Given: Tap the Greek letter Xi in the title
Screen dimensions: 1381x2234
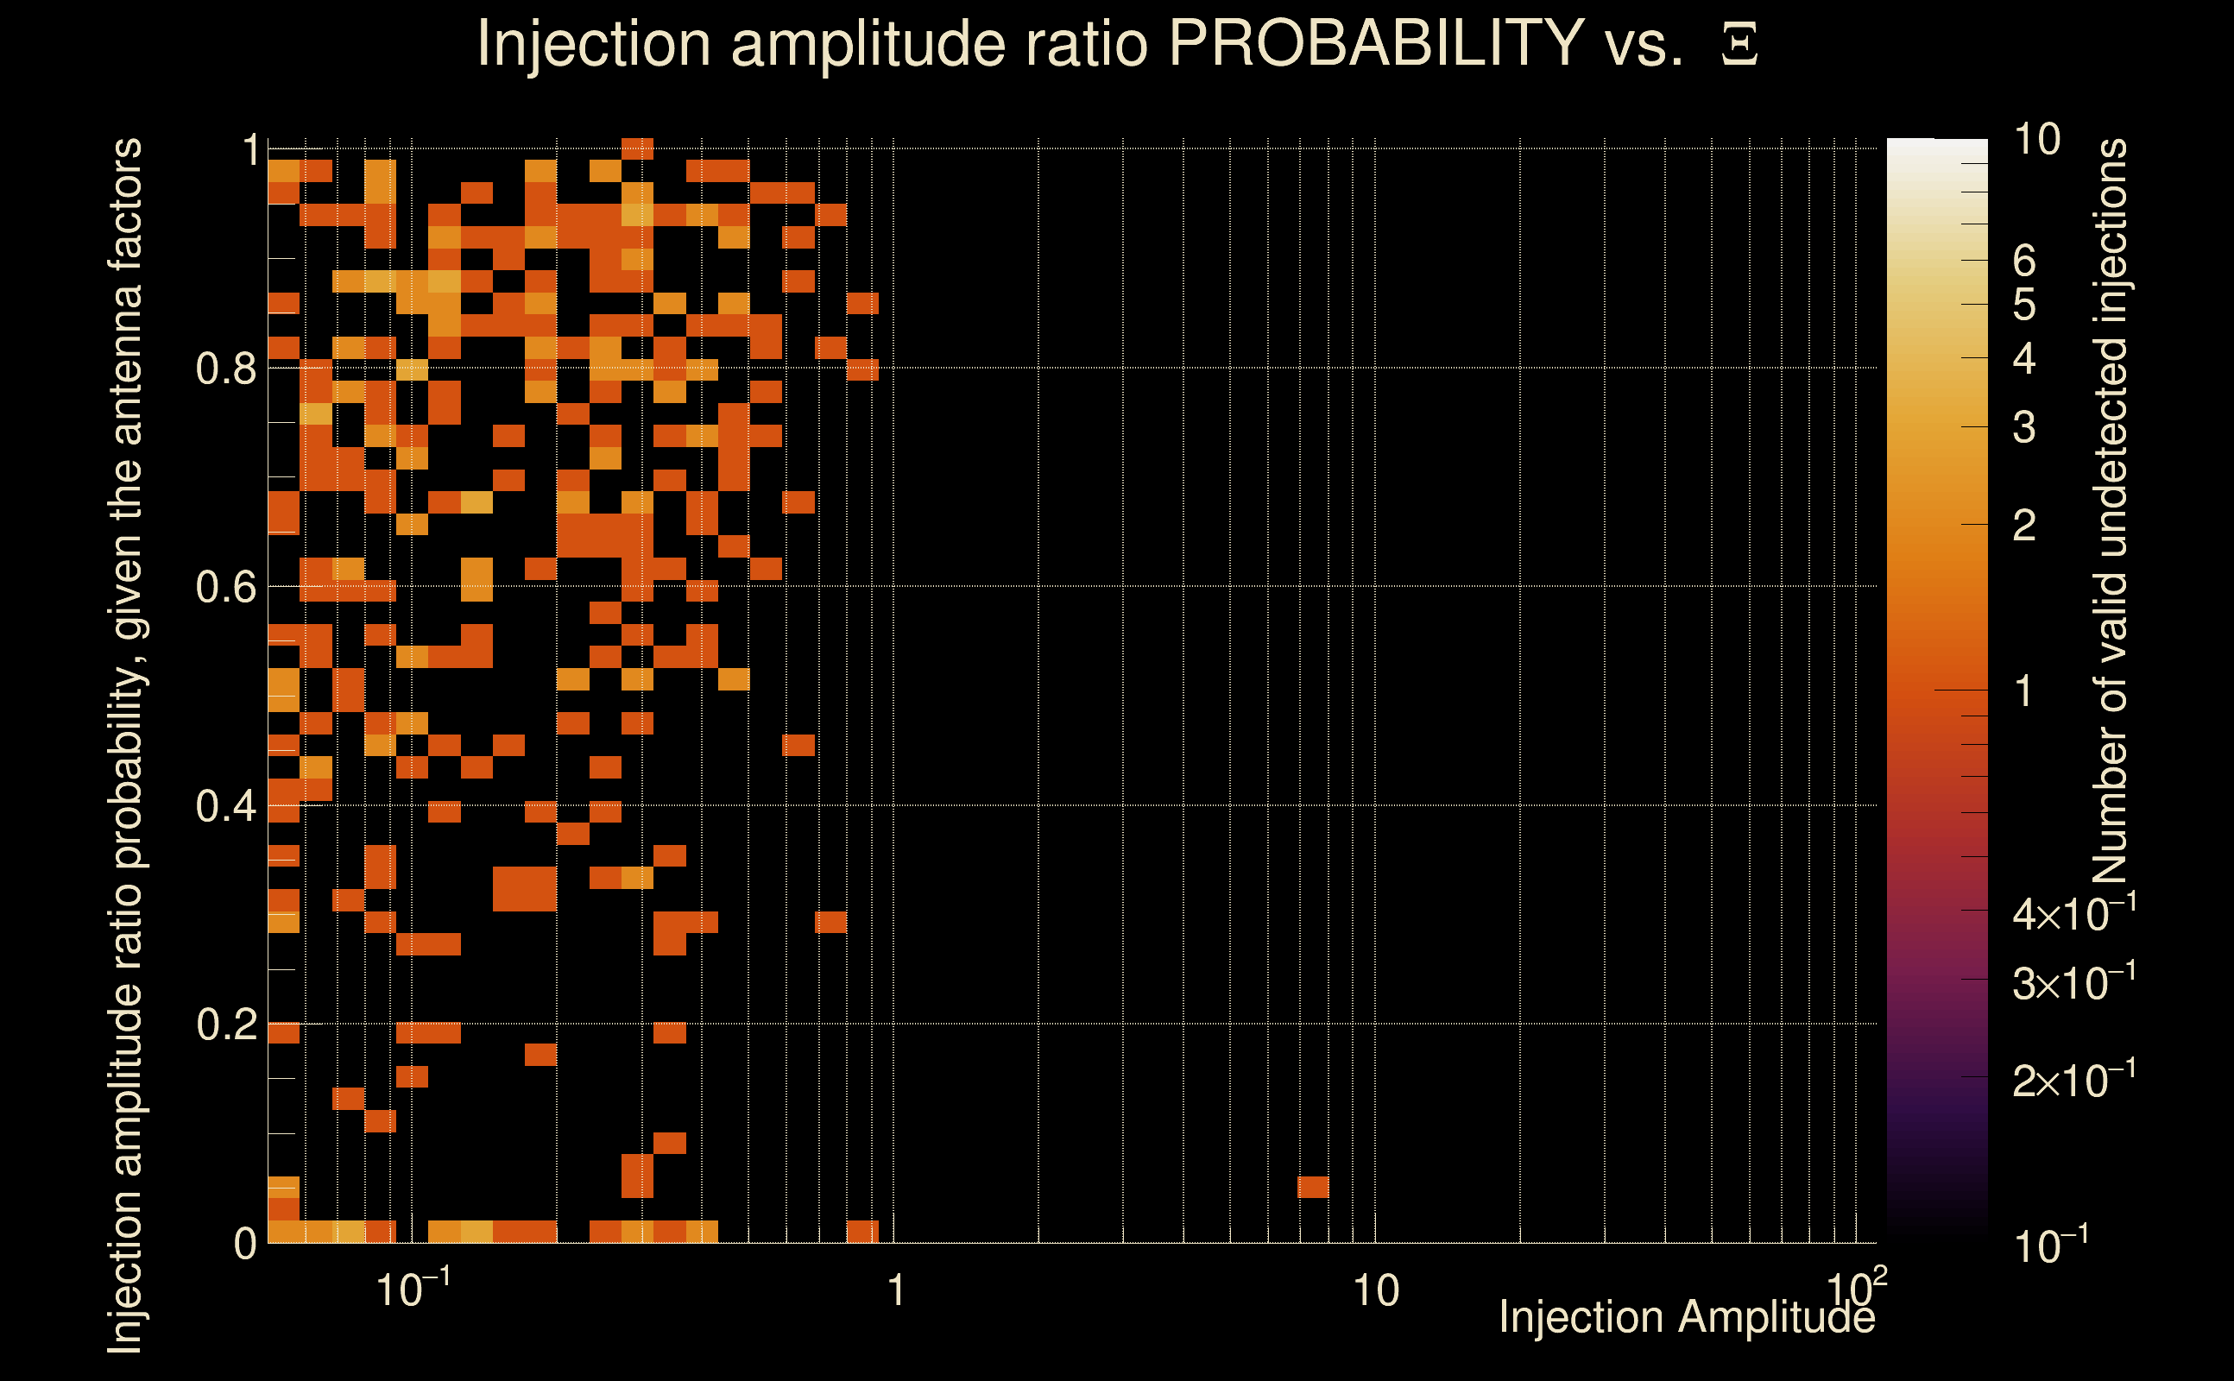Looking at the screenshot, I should (1739, 45).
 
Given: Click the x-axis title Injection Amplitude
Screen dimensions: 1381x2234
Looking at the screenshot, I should (1687, 1317).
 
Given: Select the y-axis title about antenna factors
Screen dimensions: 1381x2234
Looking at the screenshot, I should (125, 744).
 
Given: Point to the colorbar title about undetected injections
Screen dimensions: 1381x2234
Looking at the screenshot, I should (2111, 511).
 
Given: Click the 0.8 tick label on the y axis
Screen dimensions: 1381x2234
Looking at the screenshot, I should (225, 369).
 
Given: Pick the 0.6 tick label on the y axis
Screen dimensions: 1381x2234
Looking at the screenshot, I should (225, 587).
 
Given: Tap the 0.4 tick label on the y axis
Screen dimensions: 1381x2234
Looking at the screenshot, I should (225, 806).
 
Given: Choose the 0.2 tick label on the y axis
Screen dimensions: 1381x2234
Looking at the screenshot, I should (225, 1025).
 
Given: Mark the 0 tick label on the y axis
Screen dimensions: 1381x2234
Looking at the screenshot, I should (245, 1244).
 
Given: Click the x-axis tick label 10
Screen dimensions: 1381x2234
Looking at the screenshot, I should (1375, 1291).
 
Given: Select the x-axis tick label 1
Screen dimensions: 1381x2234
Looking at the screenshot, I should (895, 1291).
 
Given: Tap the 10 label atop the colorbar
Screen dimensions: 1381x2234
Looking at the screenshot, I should (2036, 141).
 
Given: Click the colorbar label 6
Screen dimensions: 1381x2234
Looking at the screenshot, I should (2024, 262).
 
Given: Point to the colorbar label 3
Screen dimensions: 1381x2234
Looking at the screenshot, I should (2024, 427).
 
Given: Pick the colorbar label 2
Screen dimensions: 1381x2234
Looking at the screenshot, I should (2024, 527).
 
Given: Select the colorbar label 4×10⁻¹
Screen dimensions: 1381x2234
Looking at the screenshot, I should (2073, 914).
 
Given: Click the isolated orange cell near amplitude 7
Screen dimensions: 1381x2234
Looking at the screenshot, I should (1312, 1188).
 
